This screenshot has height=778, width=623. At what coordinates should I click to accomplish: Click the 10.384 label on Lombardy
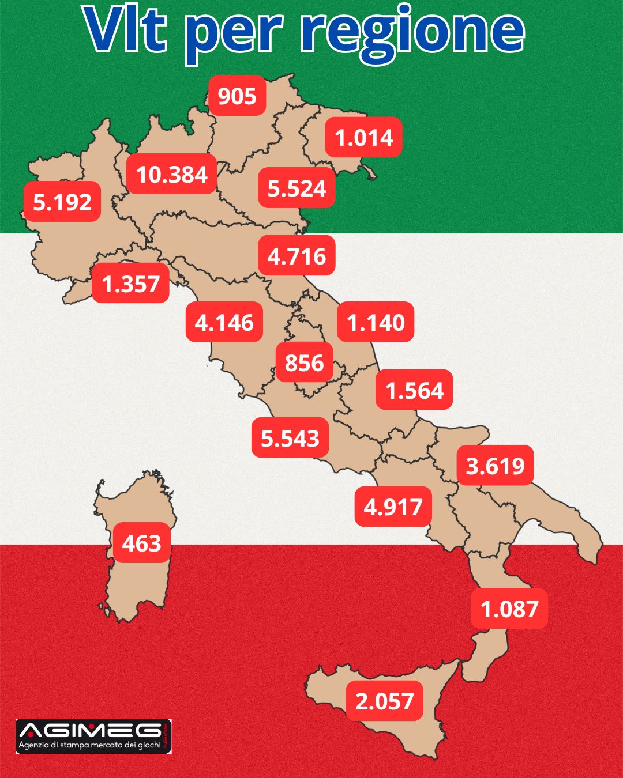172,174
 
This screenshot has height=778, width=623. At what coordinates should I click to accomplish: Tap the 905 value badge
237,96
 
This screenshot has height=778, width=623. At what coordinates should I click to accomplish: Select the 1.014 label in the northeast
363,138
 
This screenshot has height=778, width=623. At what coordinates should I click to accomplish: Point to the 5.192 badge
62,202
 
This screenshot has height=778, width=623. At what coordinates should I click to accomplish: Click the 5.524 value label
297,188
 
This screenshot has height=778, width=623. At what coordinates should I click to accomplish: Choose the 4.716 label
297,256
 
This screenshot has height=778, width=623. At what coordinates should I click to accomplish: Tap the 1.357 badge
130,284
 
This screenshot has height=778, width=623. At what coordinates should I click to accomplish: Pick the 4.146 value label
224,322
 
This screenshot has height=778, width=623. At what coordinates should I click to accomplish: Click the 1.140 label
376,322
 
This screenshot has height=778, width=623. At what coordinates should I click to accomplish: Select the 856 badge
304,362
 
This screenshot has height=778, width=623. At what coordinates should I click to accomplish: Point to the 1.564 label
414,390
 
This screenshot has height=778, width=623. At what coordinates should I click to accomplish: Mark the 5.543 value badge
290,438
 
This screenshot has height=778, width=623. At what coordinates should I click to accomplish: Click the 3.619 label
495,465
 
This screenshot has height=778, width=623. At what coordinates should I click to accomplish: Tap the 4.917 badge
393,507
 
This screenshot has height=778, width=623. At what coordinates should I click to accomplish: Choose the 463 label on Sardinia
141,543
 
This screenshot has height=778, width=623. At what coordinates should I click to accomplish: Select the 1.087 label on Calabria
509,609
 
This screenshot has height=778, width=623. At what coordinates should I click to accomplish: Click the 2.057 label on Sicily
384,701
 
